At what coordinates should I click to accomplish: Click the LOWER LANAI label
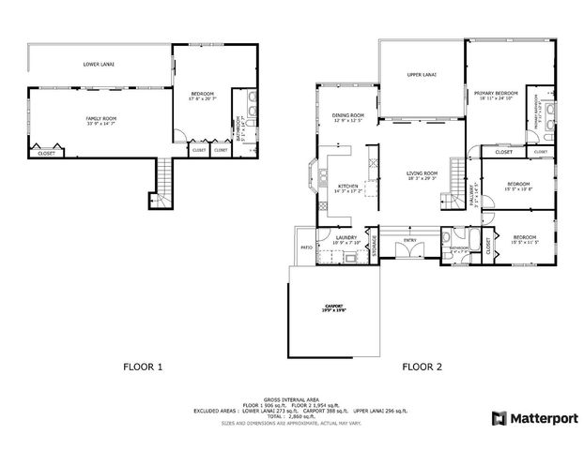tap(99, 65)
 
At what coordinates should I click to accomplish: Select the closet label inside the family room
tap(46, 153)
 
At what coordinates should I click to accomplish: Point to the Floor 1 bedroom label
tap(202, 95)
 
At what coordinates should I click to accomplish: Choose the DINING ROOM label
tap(347, 116)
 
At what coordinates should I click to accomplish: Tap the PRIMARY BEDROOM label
tap(497, 95)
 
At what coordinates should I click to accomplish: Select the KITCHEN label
tap(348, 187)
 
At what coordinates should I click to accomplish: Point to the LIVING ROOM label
tap(422, 174)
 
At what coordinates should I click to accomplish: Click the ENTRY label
tap(409, 240)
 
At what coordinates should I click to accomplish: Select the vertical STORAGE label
tap(374, 247)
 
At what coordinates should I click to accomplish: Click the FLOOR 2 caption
tap(422, 367)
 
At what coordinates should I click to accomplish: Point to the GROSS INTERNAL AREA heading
tap(292, 397)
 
